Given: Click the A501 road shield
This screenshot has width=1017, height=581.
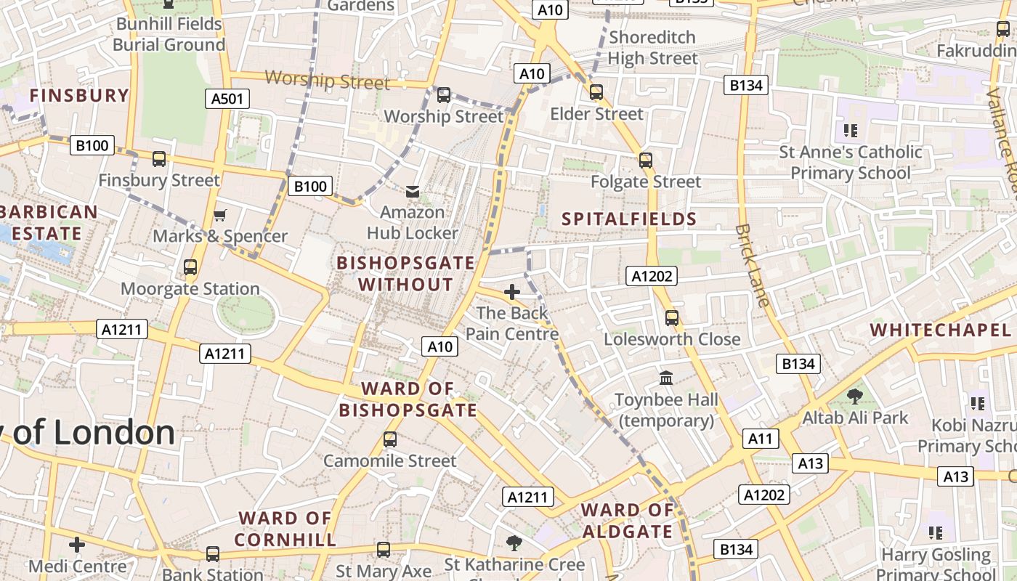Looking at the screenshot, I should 227,99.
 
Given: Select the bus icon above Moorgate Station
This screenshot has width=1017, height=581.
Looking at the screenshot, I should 190,267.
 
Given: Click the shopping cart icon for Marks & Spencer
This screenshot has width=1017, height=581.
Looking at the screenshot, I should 220,215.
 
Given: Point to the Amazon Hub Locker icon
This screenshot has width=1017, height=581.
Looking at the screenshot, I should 413,191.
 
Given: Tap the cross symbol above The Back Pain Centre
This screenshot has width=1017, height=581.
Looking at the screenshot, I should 512,292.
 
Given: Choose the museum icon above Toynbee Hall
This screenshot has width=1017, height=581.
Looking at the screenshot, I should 666,378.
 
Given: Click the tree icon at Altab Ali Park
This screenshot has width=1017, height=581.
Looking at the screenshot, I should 855,396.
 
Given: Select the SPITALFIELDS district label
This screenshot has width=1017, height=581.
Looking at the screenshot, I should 629,219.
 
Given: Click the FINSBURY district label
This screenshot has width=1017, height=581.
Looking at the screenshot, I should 79,95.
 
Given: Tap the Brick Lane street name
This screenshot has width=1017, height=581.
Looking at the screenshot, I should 752,265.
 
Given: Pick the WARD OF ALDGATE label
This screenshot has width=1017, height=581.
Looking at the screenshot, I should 628,521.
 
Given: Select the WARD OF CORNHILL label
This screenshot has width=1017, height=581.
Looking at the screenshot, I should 285,529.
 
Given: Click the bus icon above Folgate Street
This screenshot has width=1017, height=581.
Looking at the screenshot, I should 646,161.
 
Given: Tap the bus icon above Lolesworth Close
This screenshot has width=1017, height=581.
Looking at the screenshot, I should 672,318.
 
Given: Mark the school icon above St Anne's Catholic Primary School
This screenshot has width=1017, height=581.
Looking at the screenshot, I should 851,131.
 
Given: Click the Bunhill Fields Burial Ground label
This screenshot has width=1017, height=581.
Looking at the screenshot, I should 169,34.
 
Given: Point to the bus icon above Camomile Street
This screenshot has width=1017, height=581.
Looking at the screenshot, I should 390,439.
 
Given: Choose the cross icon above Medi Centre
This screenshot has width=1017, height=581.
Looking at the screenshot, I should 77,545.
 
